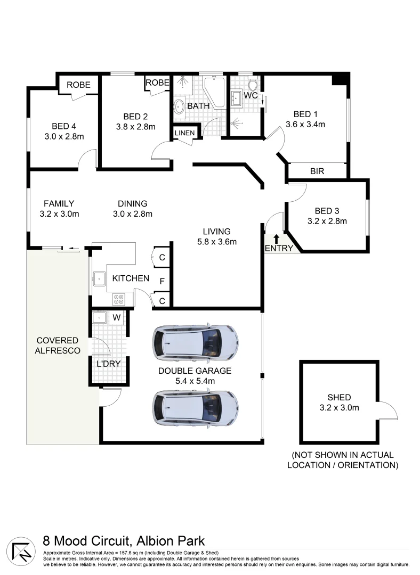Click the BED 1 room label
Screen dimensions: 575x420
[305, 114]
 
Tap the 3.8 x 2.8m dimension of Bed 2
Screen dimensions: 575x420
[135, 127]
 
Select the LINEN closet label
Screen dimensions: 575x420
[184, 133]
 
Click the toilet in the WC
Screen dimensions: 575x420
[253, 85]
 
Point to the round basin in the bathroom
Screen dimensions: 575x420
[179, 107]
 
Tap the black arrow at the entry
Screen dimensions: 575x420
[276, 239]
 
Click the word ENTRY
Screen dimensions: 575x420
[278, 249]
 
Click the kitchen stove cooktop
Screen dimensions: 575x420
[118, 300]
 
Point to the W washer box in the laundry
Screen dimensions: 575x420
[116, 318]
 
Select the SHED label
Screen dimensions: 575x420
[339, 397]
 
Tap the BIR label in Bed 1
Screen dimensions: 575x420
[317, 171]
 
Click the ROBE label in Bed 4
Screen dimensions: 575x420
[78, 85]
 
